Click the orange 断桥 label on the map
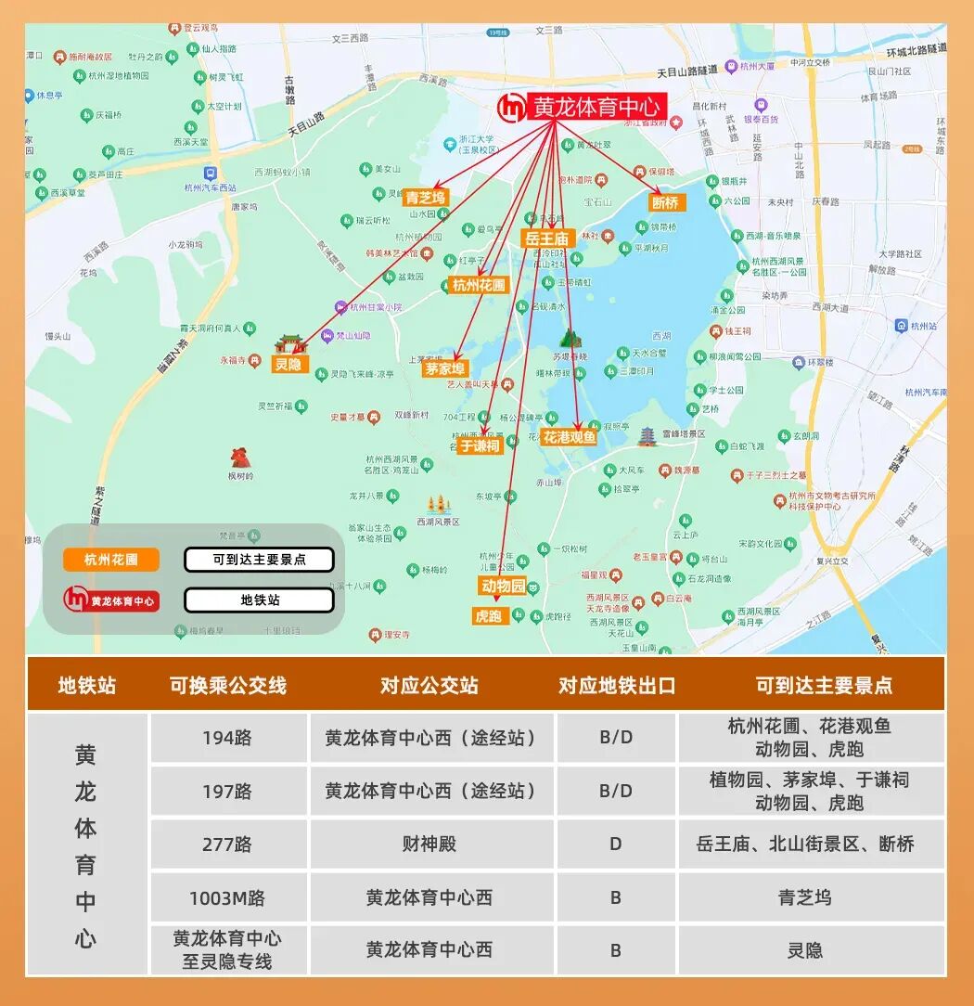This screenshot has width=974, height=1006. [x=666, y=202]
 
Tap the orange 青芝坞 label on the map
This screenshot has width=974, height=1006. [x=426, y=198]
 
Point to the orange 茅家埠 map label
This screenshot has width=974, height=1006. [x=446, y=368]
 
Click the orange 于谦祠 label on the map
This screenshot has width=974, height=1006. [x=480, y=445]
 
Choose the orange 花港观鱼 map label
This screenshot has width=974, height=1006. [x=570, y=437]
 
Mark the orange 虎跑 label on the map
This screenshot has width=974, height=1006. [x=489, y=615]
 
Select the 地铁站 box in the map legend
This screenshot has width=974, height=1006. [x=259, y=600]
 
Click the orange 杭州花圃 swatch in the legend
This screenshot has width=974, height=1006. [x=110, y=560]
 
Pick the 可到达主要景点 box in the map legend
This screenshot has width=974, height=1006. [x=259, y=560]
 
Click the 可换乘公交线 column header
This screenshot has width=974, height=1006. [x=228, y=686]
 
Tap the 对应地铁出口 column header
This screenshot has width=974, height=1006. [x=617, y=686]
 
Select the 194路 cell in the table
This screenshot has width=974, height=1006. [x=227, y=739]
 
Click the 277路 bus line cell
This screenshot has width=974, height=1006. [x=227, y=845]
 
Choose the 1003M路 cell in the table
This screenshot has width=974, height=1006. [x=227, y=897]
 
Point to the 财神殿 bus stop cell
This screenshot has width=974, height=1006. [x=429, y=845]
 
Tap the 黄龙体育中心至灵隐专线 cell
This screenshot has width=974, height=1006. [x=227, y=949]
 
